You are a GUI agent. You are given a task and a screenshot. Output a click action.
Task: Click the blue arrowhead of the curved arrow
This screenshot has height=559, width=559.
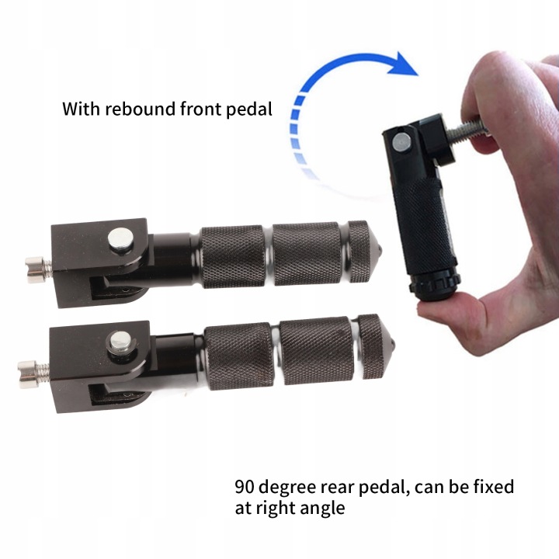click(403, 64)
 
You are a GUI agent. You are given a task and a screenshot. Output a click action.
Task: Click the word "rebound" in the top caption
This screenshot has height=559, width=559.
click(140, 109)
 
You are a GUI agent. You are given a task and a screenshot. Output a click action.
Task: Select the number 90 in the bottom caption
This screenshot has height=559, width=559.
click(245, 486)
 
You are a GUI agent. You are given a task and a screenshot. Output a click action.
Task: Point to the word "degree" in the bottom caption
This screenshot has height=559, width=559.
click(288, 488)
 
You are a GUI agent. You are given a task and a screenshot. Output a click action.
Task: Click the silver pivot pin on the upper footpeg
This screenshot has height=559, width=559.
click(120, 238)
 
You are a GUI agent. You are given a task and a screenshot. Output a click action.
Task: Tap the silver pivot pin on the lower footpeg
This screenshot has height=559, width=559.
click(120, 340)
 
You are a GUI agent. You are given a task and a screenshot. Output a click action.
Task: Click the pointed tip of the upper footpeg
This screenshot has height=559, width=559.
click(382, 249)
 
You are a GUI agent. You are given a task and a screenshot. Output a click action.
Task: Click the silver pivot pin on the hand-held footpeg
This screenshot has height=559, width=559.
click(401, 142)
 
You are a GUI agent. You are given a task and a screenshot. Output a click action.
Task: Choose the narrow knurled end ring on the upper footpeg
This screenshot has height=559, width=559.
click(358, 251)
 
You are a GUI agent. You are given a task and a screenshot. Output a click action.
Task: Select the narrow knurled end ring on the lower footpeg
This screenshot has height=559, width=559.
click(369, 346)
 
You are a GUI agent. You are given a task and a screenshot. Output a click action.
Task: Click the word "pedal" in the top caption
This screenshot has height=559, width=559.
click(249, 109)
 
